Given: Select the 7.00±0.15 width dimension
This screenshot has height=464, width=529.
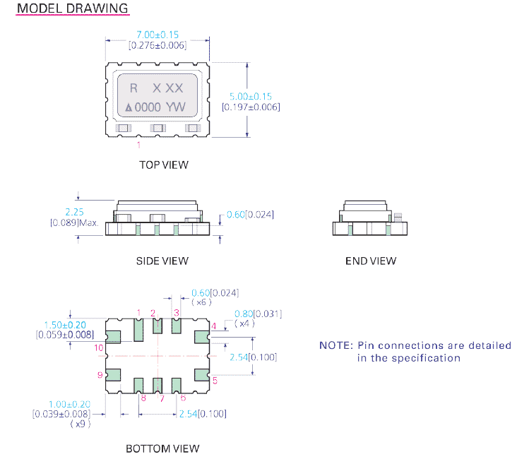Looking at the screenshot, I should click(157, 34).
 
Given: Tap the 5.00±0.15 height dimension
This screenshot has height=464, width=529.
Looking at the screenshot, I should click(251, 96).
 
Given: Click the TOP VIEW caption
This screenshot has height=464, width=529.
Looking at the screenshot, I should click(164, 165).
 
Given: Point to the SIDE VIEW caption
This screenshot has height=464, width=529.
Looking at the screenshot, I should click(162, 261).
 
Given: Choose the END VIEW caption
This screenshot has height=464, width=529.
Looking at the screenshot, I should click(371, 261).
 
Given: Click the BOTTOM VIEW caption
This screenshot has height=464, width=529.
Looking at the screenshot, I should click(162, 448).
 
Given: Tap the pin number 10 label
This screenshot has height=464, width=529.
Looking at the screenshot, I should click(99, 347).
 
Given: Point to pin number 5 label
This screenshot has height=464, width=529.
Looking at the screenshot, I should click(215, 381).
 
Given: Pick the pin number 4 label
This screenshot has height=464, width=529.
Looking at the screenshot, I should click(214, 326).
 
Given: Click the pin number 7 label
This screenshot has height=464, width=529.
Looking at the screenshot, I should click(161, 398).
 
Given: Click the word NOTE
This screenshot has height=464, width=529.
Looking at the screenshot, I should click(335, 345).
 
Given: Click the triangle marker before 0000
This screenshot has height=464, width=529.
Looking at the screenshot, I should click(129, 108).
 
